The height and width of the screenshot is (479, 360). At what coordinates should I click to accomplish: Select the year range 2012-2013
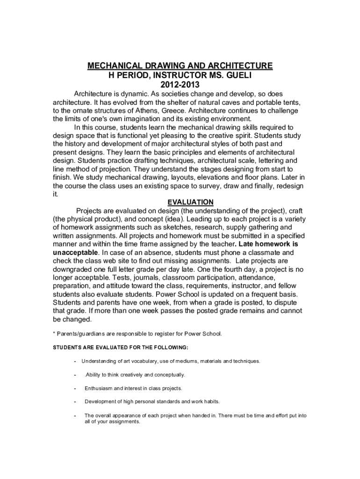coord(180,85)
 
